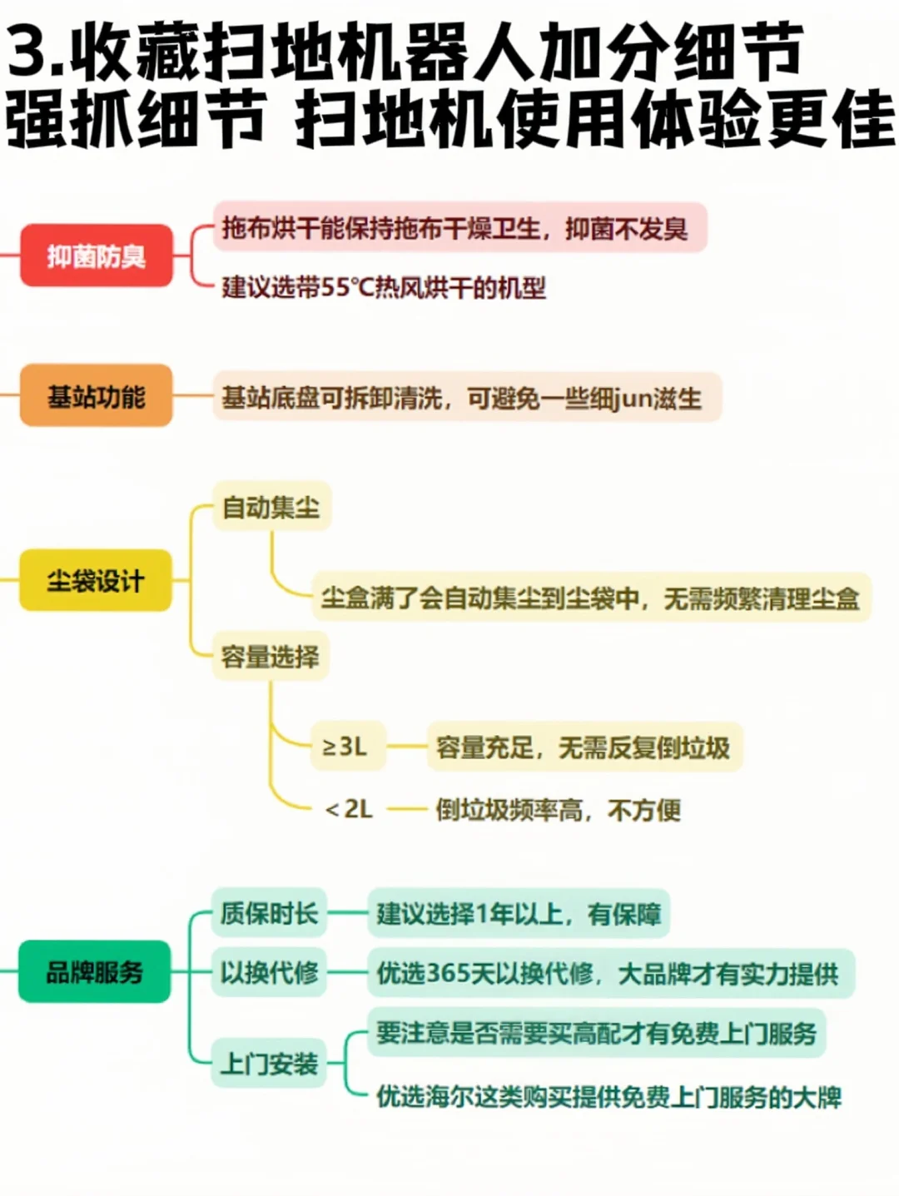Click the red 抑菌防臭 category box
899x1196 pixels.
[x=96, y=256]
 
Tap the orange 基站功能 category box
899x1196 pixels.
[x=96, y=396]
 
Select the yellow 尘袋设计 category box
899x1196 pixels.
[x=95, y=580]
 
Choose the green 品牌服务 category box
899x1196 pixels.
[x=94, y=971]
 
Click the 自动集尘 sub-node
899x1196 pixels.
[x=271, y=506]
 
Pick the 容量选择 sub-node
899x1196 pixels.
[x=270, y=657]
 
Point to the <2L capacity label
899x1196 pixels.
[x=349, y=808]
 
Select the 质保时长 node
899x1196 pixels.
[x=268, y=913]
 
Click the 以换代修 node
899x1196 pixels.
[x=268, y=971]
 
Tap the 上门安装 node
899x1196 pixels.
[x=268, y=1063]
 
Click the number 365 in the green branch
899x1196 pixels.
[x=447, y=973]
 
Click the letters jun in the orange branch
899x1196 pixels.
[x=633, y=399]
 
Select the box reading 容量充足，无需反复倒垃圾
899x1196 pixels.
[x=583, y=747]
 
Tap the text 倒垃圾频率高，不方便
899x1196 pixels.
[x=558, y=810]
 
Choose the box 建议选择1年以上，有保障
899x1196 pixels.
[x=518, y=914]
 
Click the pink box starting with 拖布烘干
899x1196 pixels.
[x=459, y=227]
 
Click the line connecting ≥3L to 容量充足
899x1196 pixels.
[x=406, y=747]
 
